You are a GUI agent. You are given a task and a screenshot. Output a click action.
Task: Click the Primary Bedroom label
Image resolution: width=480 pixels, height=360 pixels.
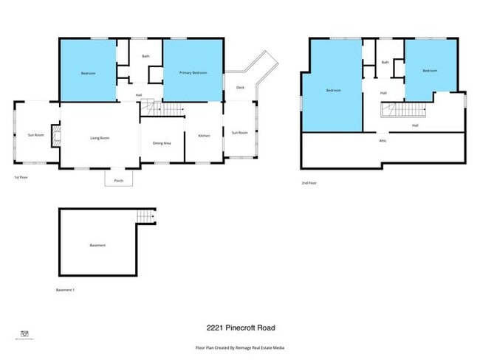click(193, 73)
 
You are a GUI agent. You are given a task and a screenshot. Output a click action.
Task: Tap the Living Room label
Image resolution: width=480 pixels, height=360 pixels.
click(100, 138)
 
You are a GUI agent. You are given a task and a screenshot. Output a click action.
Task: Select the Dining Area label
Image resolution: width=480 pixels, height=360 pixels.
click(162, 143)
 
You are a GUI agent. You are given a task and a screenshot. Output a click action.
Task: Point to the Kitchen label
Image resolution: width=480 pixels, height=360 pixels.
click(205, 136)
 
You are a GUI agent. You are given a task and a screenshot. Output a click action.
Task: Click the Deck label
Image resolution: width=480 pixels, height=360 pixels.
click(240, 88)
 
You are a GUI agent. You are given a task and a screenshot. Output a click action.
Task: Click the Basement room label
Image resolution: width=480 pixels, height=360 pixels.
click(97, 245)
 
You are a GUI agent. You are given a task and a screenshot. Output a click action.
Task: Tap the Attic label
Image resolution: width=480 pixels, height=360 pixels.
click(383, 141)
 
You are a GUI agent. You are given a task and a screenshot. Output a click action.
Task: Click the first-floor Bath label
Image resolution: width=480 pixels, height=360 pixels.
click(146, 57)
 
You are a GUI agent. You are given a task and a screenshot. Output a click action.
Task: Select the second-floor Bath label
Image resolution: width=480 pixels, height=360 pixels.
click(385, 63)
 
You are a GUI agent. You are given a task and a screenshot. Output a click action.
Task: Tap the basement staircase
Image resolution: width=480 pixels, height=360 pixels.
click(146, 215)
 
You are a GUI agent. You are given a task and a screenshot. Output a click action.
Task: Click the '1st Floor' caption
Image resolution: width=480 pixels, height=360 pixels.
click(21, 178)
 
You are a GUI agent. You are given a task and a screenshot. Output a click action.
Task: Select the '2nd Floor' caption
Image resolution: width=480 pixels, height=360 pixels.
click(309, 183)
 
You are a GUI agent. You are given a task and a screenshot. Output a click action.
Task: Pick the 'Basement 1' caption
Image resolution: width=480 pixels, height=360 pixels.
click(65, 290)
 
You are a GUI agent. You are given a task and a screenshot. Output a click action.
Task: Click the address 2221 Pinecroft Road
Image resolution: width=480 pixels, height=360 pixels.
click(240, 328)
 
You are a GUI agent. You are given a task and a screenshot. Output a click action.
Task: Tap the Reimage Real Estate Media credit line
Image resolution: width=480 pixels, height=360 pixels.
click(239, 347)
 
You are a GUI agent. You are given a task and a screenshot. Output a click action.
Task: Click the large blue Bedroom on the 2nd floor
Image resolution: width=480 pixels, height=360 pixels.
click(333, 91)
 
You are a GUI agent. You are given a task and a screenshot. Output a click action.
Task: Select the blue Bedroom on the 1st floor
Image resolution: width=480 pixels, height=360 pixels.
click(87, 73)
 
